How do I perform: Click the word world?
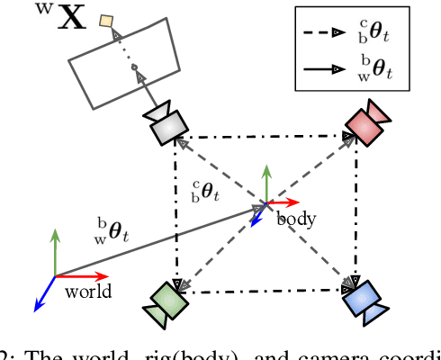click(x=88, y=291)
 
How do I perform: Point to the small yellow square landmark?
click(x=107, y=21)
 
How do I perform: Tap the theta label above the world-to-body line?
click(x=112, y=229)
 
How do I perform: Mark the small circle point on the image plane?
click(x=134, y=67)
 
